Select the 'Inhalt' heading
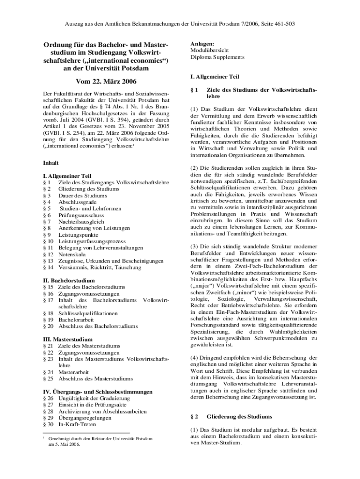(x=51, y=163)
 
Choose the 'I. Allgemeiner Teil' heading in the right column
(x=215, y=76)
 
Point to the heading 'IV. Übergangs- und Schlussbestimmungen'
(x=97, y=392)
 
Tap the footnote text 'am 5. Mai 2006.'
(x=64, y=445)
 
